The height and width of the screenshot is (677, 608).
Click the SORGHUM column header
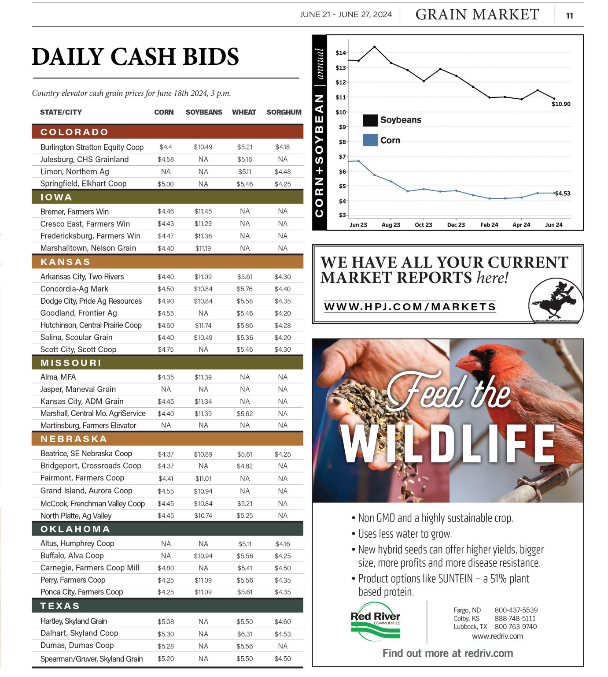pyautogui.click(x=284, y=112)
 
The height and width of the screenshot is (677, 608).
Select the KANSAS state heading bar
pyautogui.click(x=167, y=262)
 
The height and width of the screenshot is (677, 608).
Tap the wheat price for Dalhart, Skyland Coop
pyautogui.click(x=244, y=634)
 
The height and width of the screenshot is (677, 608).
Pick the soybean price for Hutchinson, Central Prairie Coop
pyautogui.click(x=203, y=325)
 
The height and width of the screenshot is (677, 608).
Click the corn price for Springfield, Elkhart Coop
pyautogui.click(x=166, y=184)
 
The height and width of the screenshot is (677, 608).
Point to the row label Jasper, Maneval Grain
pyautogui.click(x=78, y=389)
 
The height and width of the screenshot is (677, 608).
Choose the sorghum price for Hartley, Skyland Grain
pyautogui.click(x=282, y=621)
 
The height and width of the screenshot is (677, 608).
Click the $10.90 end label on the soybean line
pyautogui.click(x=560, y=104)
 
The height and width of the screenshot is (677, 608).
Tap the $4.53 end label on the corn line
pyautogui.click(x=562, y=193)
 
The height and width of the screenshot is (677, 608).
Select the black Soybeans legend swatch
pyautogui.click(x=370, y=120)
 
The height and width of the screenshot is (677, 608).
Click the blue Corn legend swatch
pyautogui.click(x=370, y=140)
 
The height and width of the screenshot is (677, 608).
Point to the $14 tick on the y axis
pyautogui.click(x=340, y=53)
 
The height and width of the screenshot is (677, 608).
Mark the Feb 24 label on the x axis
pyautogui.click(x=489, y=225)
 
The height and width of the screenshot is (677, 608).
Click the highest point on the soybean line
pyautogui.click(x=374, y=47)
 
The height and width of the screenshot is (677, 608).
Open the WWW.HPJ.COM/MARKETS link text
pyautogui.click(x=409, y=307)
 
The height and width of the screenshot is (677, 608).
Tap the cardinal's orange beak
pyautogui.click(x=469, y=364)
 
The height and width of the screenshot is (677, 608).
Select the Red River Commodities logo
pyautogui.click(x=375, y=621)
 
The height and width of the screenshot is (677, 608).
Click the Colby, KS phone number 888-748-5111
pyautogui.click(x=515, y=618)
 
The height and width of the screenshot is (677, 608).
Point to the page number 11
pyautogui.click(x=569, y=16)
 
